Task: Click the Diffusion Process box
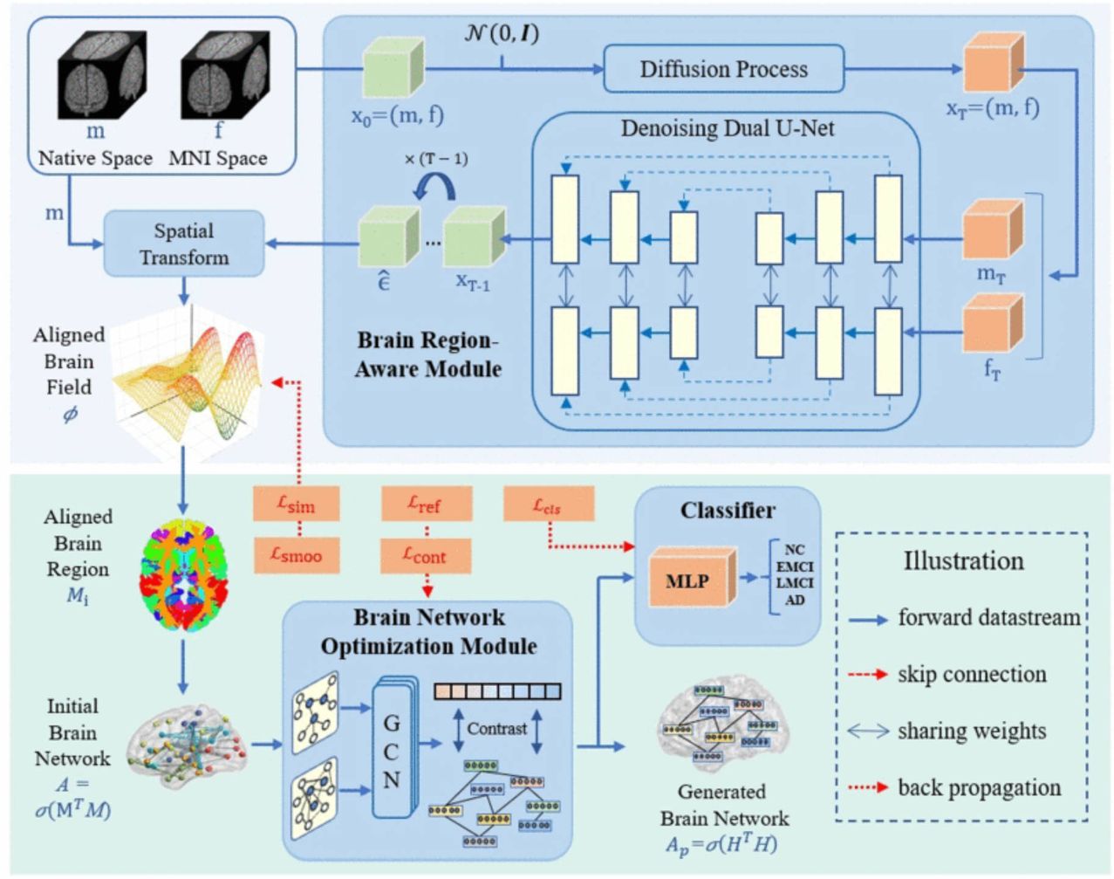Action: [723, 69]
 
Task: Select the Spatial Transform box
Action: [183, 244]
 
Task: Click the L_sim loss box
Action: [296, 504]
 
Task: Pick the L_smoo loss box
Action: [296, 555]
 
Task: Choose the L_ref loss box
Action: [426, 504]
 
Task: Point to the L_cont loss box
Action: [426, 555]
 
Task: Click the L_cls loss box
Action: [548, 505]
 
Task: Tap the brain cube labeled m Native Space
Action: [101, 75]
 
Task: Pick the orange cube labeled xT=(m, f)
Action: [993, 65]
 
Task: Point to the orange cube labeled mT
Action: [992, 230]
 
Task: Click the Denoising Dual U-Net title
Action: [727, 129]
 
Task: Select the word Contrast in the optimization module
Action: [496, 728]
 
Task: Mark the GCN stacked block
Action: [392, 749]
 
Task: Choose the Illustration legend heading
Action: [963, 560]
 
